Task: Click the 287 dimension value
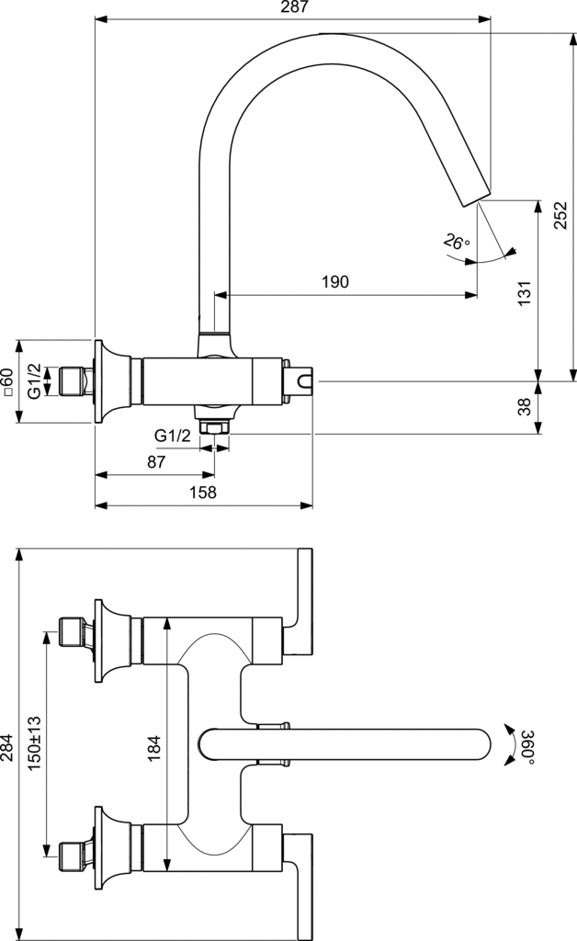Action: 294,7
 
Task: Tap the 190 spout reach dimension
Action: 335,282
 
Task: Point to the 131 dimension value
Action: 525,291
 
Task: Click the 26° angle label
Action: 456,242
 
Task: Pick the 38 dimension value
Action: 525,407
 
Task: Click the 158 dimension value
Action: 203,492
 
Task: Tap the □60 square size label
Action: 7,381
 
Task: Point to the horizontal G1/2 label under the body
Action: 172,435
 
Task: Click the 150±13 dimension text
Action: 35,743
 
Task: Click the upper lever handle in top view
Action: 304,597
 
